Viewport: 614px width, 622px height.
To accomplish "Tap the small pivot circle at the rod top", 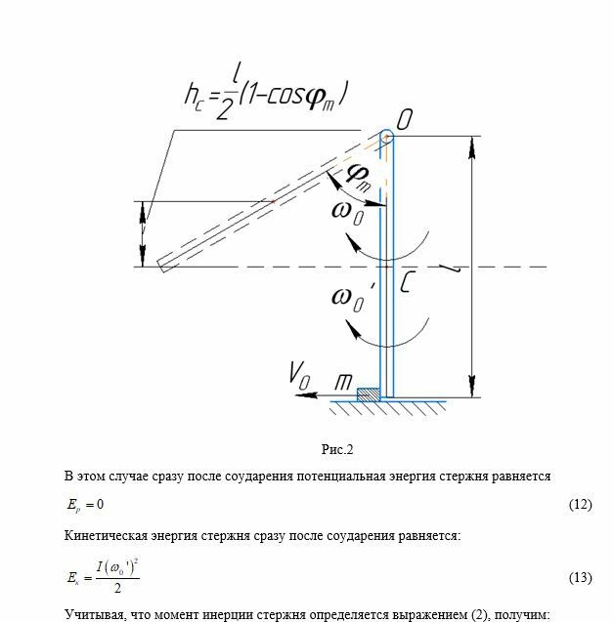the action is tap(386, 137).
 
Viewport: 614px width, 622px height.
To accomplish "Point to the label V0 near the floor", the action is tap(299, 372).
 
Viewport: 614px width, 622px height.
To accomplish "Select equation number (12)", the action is tap(580, 505).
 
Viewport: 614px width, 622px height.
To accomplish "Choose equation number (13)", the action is tap(580, 577).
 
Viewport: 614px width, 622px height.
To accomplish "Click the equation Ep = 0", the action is tap(84, 505).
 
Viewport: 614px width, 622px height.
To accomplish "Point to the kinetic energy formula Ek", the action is tap(100, 576).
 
